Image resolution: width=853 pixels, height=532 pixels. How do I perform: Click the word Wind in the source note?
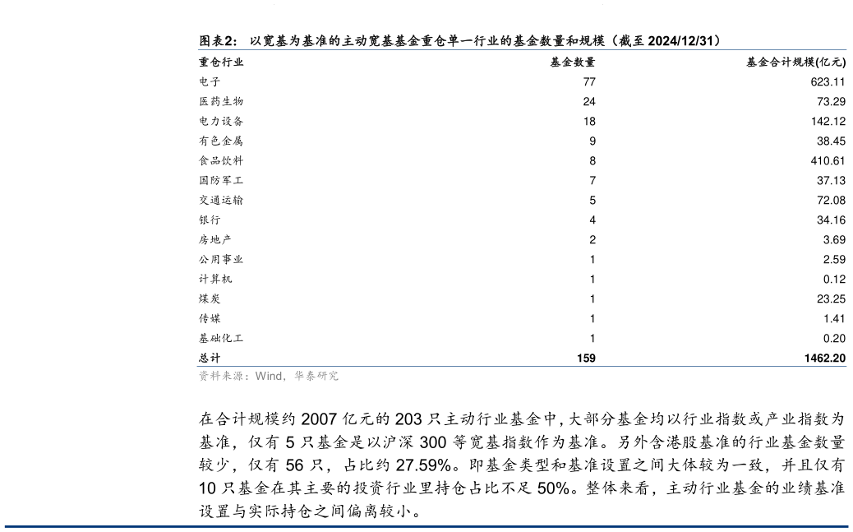point(269,376)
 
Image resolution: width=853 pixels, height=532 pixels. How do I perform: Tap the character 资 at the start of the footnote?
point(204,376)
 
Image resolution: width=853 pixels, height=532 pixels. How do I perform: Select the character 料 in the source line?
point(215,376)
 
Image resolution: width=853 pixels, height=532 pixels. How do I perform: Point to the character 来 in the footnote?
point(227,376)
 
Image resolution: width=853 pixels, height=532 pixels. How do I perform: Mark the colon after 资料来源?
point(248,377)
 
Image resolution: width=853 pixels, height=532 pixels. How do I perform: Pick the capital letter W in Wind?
point(261,376)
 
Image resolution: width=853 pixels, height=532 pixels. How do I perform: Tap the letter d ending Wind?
point(279,376)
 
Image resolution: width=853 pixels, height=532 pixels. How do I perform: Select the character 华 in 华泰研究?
point(299,376)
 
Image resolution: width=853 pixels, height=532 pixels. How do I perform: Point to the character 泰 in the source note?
point(311,376)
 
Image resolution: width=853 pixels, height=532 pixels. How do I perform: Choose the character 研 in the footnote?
point(322,376)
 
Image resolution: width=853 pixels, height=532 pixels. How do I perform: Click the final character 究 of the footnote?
point(333,376)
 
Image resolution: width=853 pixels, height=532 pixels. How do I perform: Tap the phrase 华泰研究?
point(316,376)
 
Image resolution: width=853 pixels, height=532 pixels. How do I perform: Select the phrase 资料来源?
point(221,376)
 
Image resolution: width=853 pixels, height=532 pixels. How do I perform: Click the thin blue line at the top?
point(522,49)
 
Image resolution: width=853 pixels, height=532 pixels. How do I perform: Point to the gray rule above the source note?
point(522,366)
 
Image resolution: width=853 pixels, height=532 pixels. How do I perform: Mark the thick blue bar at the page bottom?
point(426,526)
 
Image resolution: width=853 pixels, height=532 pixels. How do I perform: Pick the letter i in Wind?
point(267,376)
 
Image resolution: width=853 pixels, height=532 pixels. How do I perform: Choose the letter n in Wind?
point(272,376)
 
